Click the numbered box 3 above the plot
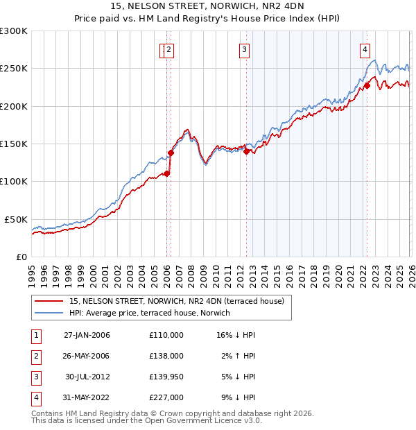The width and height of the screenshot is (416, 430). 245,49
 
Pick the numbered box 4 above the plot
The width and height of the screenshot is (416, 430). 365,49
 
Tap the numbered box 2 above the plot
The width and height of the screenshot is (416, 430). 168,49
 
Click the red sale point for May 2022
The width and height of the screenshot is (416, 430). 367,86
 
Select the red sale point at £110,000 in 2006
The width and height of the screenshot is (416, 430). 166,174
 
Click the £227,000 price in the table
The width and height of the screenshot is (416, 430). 166,397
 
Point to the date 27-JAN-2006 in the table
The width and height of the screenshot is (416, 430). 87,335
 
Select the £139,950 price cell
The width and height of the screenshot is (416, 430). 166,377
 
